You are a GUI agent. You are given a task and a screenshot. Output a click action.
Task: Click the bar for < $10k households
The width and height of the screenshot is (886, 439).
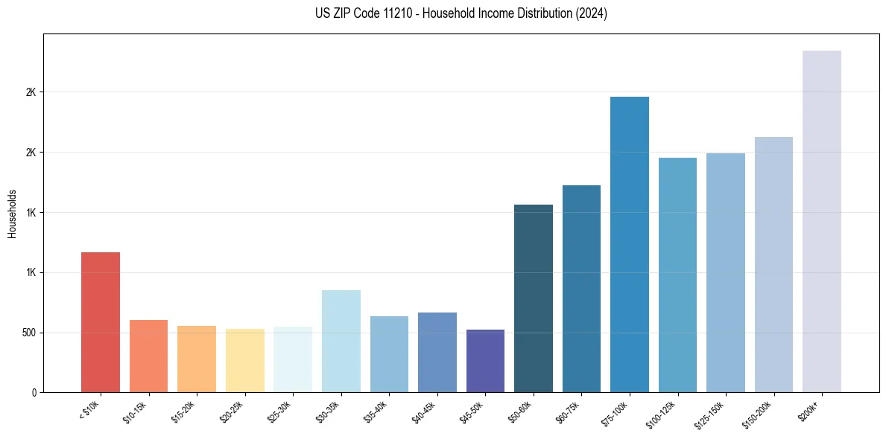(x=101, y=322)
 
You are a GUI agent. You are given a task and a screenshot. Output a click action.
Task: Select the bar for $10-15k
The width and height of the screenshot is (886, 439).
(x=148, y=356)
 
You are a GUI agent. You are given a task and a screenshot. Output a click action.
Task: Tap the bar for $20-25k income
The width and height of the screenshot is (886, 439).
(x=244, y=361)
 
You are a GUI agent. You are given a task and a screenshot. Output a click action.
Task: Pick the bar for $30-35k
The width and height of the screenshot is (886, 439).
(x=341, y=342)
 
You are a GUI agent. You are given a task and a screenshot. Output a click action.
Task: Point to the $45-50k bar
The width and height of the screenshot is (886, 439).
(x=485, y=361)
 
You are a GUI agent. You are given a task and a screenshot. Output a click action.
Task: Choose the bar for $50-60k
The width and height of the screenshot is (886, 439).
(x=534, y=298)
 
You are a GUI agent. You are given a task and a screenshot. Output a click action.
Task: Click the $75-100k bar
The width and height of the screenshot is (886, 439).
(x=630, y=245)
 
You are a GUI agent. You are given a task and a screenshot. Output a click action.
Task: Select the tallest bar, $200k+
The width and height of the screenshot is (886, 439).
(x=822, y=222)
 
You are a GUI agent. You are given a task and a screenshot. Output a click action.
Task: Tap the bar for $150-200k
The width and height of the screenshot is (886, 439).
(x=773, y=265)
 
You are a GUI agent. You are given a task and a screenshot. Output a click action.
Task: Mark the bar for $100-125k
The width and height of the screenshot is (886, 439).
(x=677, y=275)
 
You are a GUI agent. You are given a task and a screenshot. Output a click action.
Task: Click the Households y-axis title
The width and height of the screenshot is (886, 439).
(x=12, y=214)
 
